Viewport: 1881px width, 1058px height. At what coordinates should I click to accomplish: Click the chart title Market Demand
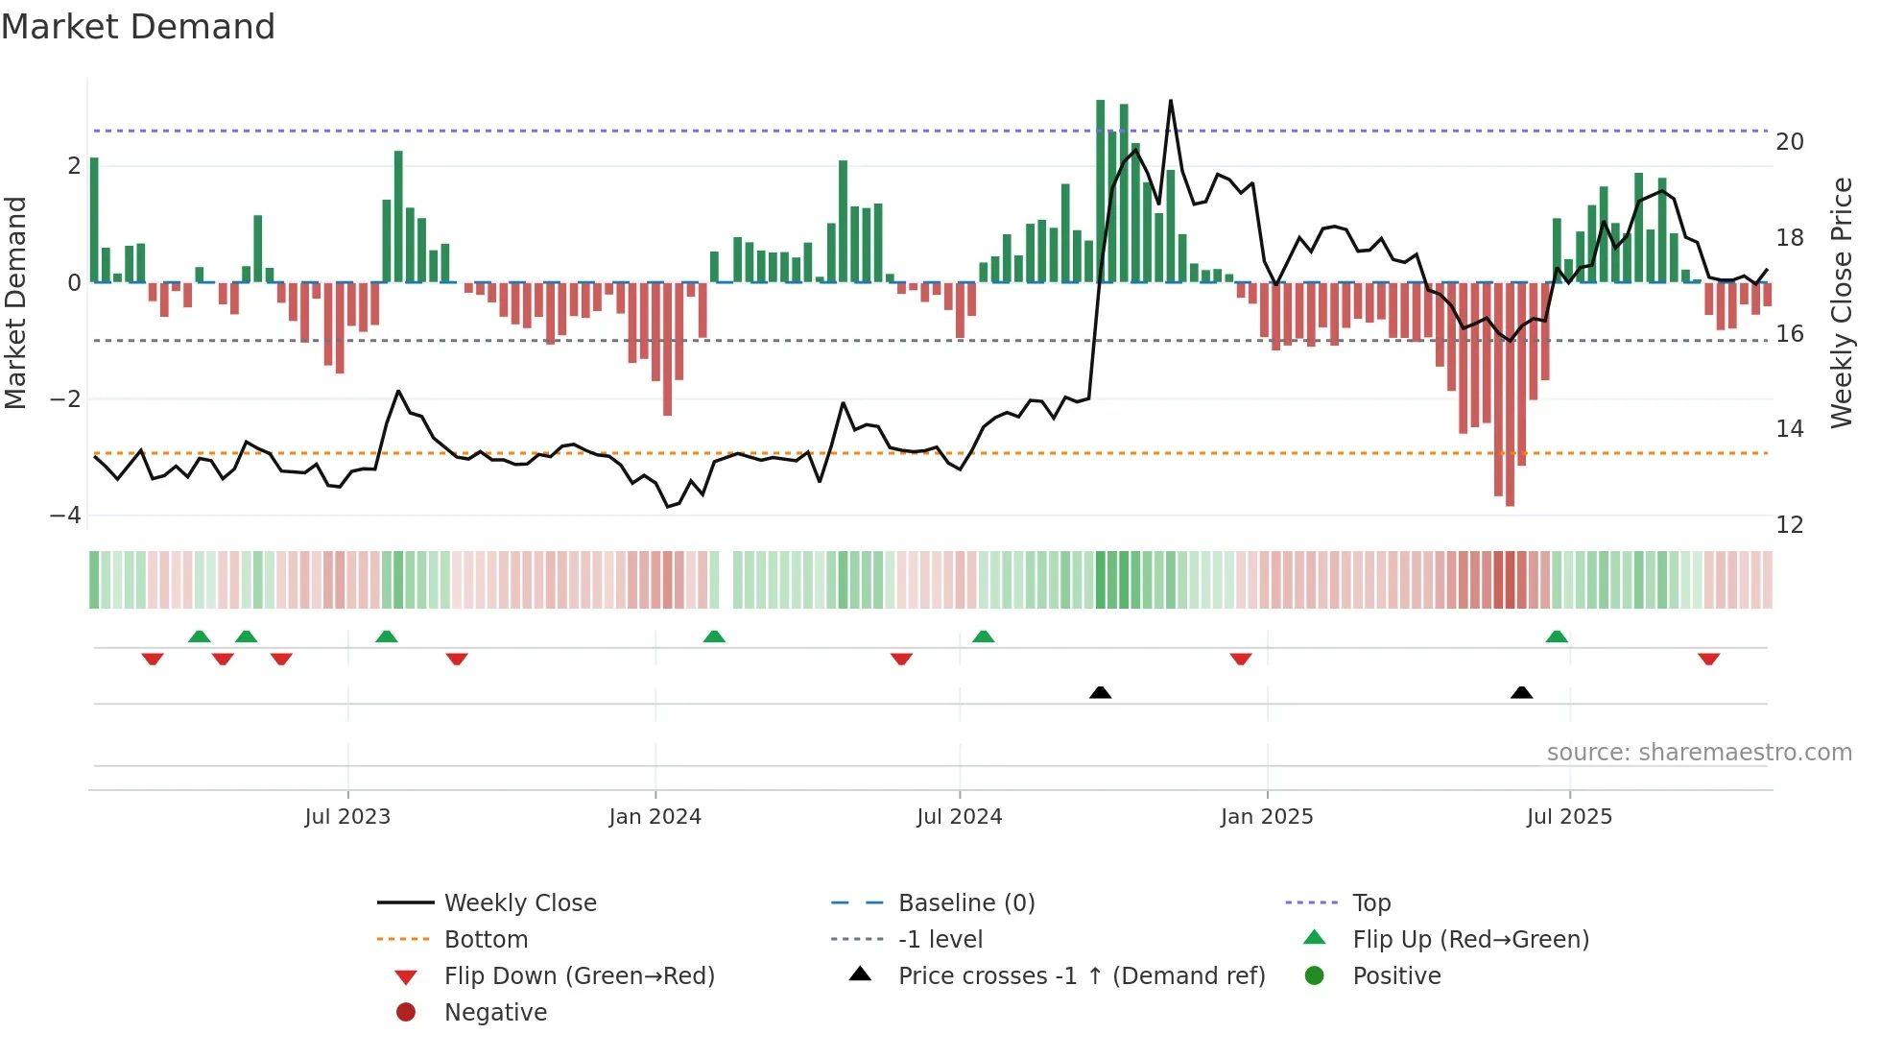click(138, 26)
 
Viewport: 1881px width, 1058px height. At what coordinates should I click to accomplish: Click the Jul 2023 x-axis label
click(347, 817)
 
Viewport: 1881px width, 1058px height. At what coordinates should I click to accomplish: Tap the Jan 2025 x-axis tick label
click(1267, 817)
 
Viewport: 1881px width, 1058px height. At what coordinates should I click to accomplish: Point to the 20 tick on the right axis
click(1790, 142)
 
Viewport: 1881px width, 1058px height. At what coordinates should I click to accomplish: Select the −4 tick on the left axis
click(66, 516)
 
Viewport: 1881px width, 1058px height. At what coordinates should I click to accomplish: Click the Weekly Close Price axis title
click(1841, 302)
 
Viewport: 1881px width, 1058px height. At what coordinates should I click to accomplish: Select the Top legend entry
click(1371, 903)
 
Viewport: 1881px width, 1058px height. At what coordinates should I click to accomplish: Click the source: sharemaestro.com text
click(1699, 753)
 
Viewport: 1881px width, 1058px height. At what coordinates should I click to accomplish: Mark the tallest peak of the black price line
click(1171, 101)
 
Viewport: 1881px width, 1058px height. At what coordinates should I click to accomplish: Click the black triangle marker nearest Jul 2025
click(1521, 692)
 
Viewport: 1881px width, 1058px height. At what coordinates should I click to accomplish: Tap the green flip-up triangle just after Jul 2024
click(983, 637)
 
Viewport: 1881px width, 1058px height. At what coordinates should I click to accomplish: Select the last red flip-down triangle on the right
click(1708, 660)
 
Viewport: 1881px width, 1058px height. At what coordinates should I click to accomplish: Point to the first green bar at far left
click(94, 221)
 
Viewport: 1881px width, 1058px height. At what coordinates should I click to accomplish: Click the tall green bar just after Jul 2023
click(398, 216)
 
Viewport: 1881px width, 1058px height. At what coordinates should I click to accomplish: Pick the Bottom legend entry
click(486, 940)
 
